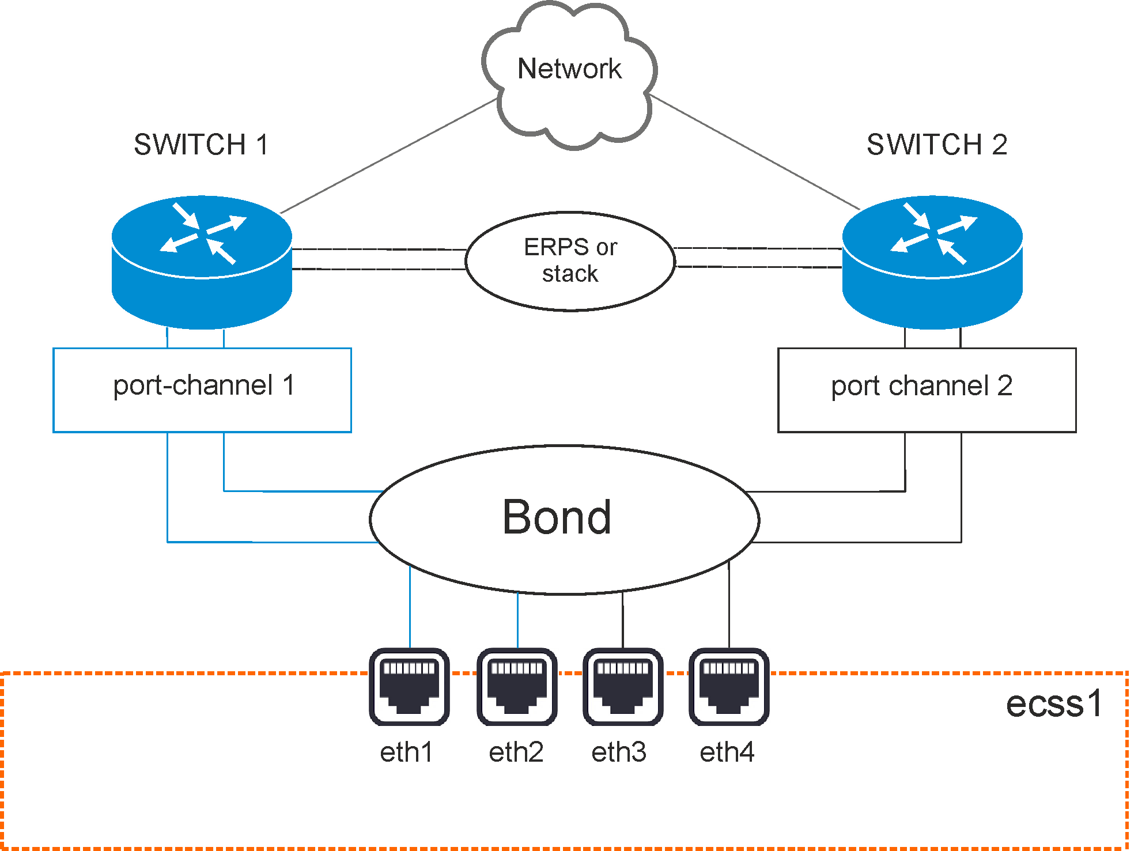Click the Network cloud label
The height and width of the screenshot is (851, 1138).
[x=569, y=69]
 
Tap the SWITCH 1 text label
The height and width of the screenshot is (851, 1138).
[x=201, y=145]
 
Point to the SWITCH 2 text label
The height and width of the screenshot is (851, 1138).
[x=937, y=145]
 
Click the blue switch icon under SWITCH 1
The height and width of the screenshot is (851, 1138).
[x=202, y=262]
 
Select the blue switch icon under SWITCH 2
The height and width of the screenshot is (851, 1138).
[x=932, y=262]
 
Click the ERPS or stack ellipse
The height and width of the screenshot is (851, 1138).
[x=570, y=261]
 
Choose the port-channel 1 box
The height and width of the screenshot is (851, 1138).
[x=202, y=389]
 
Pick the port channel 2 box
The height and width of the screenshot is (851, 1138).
[x=927, y=389]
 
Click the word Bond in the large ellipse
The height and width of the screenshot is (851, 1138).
[x=557, y=517]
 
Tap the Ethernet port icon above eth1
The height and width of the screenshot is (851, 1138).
[x=409, y=686]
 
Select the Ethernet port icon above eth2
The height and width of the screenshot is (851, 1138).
[x=517, y=686]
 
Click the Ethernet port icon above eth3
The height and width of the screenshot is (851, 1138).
[x=623, y=686]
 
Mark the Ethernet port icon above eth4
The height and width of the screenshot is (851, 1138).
[x=729, y=686]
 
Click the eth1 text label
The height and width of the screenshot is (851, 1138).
[x=406, y=752]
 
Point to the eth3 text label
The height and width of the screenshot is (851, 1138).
[x=619, y=752]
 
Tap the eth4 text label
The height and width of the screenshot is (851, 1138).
[x=727, y=752]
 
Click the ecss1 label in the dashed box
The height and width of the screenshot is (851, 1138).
[x=1054, y=704]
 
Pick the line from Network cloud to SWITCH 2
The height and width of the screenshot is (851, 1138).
[x=755, y=153]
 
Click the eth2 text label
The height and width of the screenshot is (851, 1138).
[x=516, y=752]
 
